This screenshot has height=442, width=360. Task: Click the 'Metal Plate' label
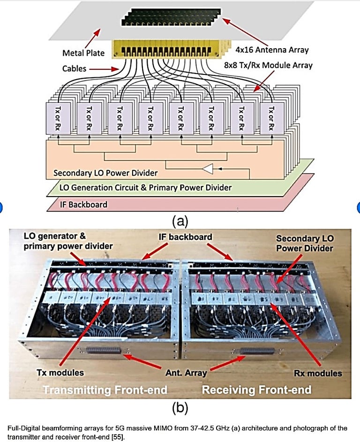click(x=82, y=52)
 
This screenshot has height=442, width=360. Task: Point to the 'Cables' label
click(x=75, y=69)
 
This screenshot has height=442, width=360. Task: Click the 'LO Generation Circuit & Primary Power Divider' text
click(x=145, y=188)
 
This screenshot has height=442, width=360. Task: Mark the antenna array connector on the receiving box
click(x=256, y=351)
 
